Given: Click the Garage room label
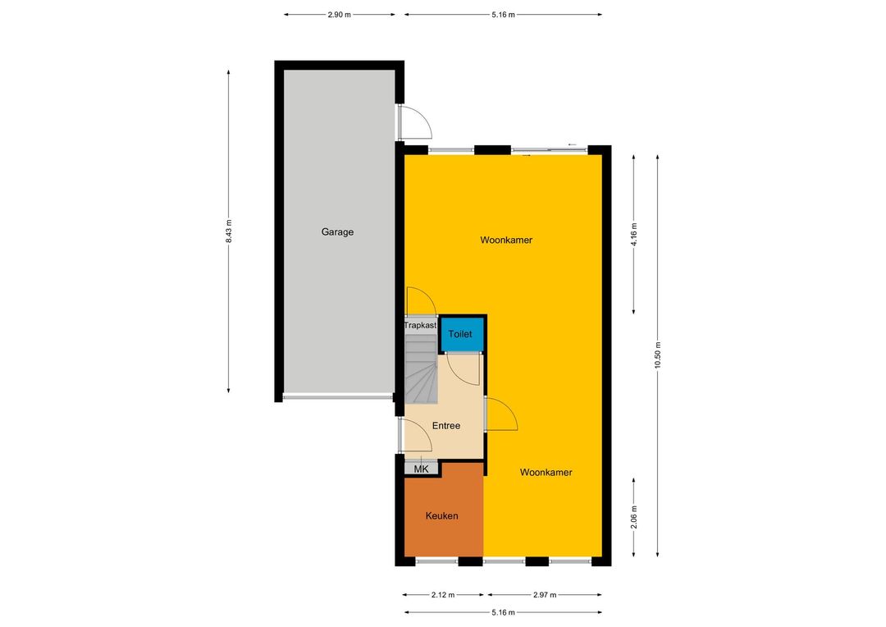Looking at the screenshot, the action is [x=337, y=231].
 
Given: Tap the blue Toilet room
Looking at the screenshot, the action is [x=462, y=334].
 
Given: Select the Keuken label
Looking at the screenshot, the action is [x=442, y=515].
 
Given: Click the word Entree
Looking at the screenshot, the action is [x=445, y=426].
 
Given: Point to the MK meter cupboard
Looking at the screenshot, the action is [x=422, y=469].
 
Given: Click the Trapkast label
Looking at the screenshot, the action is [x=420, y=326].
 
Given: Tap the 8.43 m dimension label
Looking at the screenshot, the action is [x=229, y=231].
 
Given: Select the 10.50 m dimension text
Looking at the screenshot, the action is [x=658, y=355].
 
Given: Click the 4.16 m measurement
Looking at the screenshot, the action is [x=634, y=234].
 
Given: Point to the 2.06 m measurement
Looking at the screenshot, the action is [x=634, y=517].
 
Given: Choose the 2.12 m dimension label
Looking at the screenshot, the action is [x=443, y=595].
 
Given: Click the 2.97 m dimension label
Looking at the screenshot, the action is [x=545, y=595].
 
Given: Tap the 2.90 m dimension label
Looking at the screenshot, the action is [x=339, y=15].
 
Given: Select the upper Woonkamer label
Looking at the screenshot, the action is [x=506, y=240].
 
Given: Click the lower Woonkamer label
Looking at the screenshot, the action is [x=546, y=472].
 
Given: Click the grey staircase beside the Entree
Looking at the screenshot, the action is [x=421, y=368].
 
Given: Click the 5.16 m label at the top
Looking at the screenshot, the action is [x=503, y=15].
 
